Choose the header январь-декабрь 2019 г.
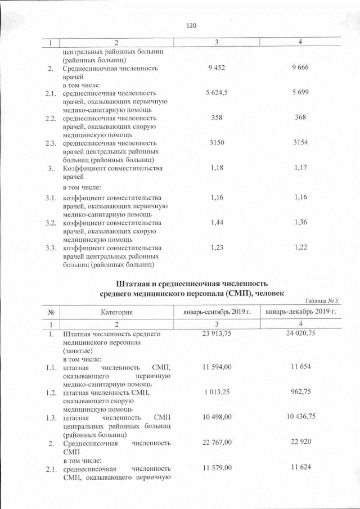(x=301, y=312)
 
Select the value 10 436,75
(x=301, y=417)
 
